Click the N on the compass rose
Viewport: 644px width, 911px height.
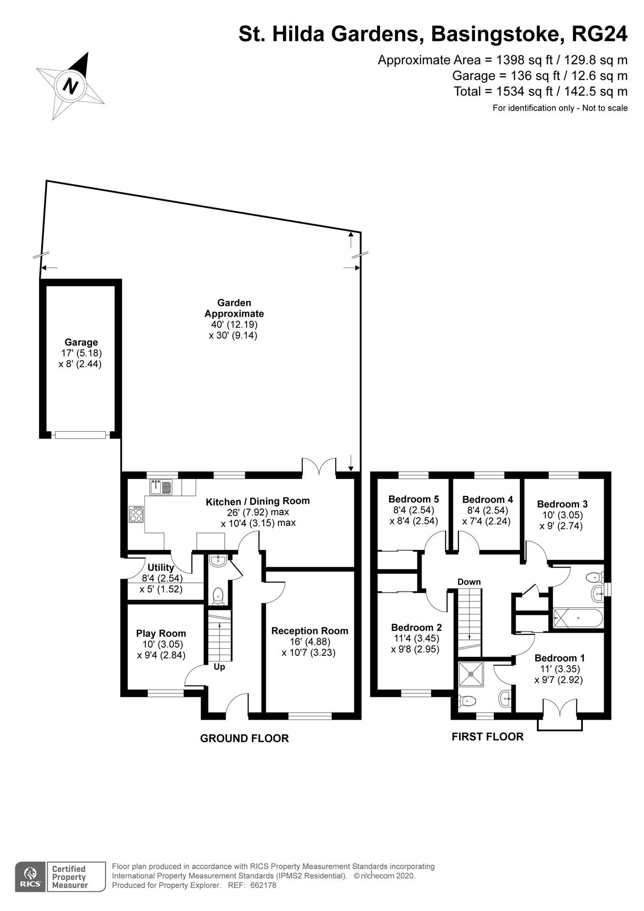(71, 86)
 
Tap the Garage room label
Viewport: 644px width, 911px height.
(81, 342)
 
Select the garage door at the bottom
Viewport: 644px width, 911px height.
(80, 435)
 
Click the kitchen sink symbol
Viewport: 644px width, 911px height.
(161, 487)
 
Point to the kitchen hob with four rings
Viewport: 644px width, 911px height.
(136, 515)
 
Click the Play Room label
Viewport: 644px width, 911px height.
(161, 633)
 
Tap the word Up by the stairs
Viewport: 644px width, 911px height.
(219, 667)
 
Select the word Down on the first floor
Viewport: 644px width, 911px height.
(469, 582)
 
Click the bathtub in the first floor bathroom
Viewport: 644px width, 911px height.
(578, 618)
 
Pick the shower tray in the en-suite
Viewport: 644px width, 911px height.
(471, 674)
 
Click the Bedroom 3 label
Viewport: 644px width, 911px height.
(562, 504)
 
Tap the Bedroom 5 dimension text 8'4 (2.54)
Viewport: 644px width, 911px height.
(414, 510)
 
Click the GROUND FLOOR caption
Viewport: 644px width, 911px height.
(244, 738)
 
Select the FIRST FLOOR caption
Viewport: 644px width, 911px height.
(488, 737)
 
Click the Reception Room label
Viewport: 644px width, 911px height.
(310, 631)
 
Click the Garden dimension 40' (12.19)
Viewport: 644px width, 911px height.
(234, 324)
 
